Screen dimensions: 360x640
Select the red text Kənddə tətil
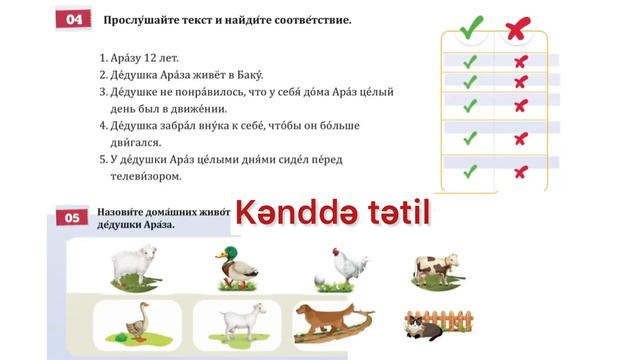click(331, 211)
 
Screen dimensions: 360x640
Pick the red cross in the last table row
click(519, 172)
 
